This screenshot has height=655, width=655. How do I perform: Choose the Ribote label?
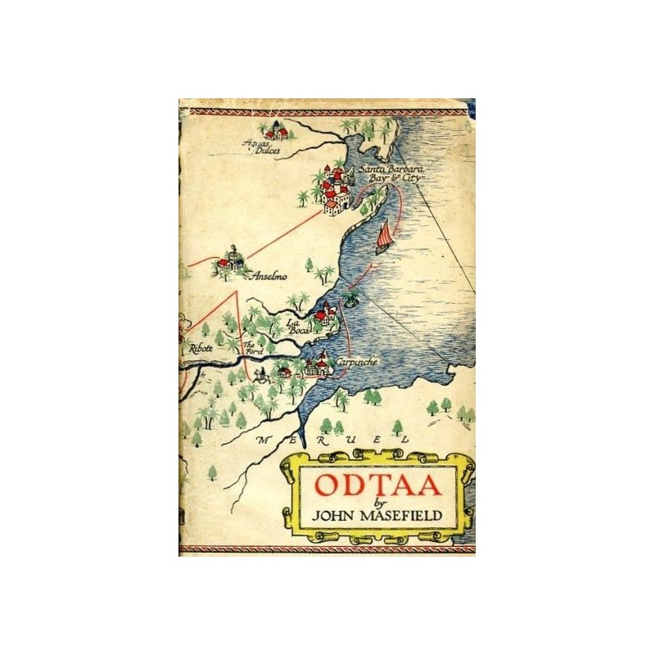tap(201, 348)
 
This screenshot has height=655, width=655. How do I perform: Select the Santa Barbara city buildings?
tap(334, 190)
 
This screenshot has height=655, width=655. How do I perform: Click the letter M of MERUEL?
tap(262, 440)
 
